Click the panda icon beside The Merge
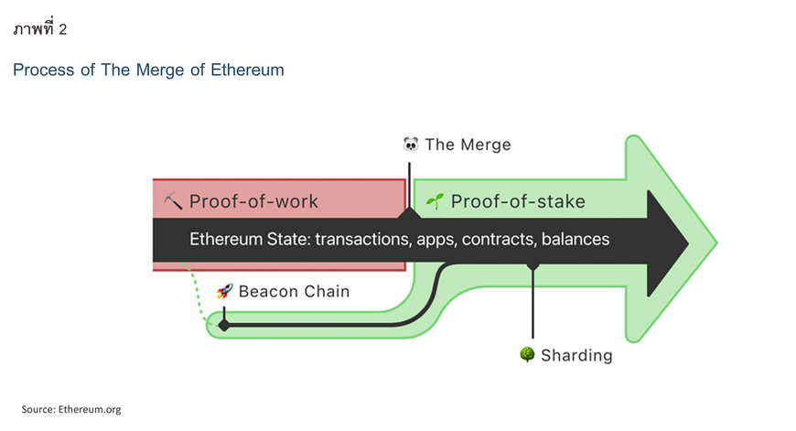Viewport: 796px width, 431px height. (x=411, y=145)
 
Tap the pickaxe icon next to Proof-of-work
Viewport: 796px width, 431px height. (x=173, y=201)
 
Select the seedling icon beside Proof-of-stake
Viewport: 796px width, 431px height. (x=436, y=201)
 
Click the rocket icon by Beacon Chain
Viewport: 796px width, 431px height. (x=225, y=291)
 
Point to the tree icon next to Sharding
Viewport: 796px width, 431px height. (x=527, y=354)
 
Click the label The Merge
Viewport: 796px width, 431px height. (x=468, y=145)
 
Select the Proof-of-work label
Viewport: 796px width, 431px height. (x=253, y=201)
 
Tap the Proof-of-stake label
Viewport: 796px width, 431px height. (x=518, y=201)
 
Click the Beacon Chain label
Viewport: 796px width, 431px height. (x=294, y=291)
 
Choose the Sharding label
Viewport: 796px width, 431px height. (x=576, y=355)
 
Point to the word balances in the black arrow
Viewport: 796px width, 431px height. (x=575, y=239)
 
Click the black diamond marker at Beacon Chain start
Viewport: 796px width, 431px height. (x=224, y=325)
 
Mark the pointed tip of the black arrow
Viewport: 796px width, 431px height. (x=688, y=243)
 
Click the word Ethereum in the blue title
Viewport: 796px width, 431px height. (x=247, y=70)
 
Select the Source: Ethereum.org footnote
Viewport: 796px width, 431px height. (x=71, y=409)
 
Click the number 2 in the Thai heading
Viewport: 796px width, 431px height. (x=62, y=29)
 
